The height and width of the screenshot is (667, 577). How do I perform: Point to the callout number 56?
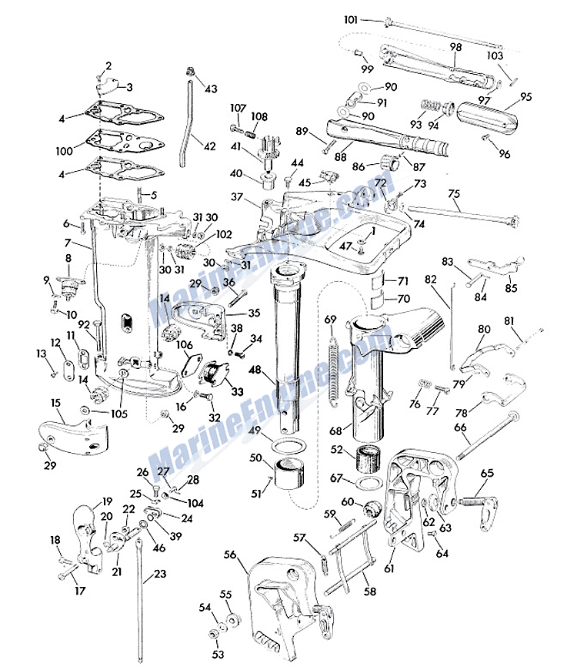[229, 554]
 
